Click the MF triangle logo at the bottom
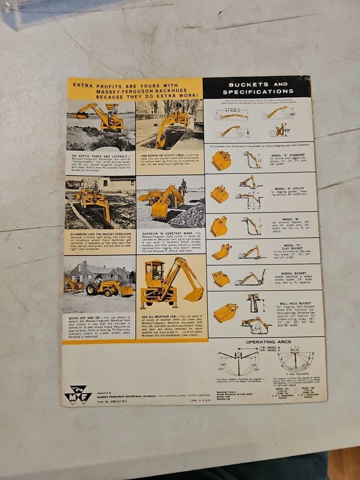coord(77,394)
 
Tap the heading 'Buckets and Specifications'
coord(258,88)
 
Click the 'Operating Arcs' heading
coord(267,342)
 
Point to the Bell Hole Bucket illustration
coord(225,313)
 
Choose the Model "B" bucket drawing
coord(219,226)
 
